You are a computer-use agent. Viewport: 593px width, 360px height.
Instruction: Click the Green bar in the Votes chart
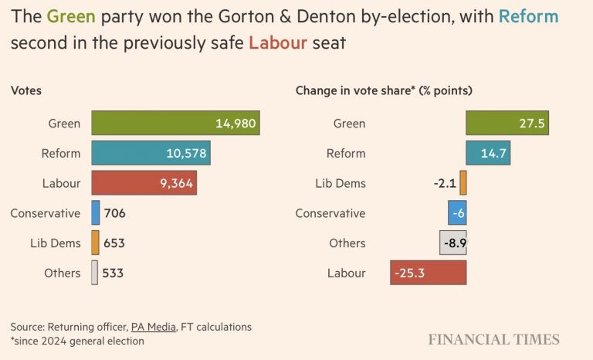[x=175, y=124]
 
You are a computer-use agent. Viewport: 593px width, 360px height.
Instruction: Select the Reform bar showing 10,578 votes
[x=151, y=153]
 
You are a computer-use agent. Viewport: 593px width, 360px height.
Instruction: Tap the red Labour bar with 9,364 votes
[x=144, y=183]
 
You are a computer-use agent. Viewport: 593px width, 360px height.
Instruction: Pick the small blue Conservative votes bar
[x=96, y=212]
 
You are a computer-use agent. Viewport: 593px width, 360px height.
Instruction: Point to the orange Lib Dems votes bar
[x=96, y=243]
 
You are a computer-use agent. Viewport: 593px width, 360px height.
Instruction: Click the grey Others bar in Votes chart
[x=94, y=273]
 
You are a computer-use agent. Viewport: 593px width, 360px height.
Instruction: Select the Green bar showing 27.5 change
[x=507, y=124]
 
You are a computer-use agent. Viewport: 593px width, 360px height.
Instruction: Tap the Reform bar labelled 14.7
[x=488, y=153]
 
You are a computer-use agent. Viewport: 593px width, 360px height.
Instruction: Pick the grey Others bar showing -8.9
[x=453, y=243]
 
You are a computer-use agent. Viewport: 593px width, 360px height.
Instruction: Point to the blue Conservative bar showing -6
[x=457, y=212]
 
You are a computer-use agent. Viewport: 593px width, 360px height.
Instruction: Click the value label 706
[x=114, y=213]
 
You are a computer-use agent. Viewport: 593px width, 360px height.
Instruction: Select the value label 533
[x=113, y=273]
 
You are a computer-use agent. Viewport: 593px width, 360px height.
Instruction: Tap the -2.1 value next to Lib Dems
[x=445, y=183]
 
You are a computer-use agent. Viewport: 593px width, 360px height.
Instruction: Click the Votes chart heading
[x=26, y=90]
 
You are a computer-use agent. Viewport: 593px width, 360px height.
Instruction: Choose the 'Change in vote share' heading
[x=384, y=90]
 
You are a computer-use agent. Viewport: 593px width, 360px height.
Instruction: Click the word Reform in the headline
[x=529, y=16]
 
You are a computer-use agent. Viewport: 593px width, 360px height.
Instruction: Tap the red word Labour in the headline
[x=275, y=42]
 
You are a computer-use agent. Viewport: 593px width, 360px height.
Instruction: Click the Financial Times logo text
[x=494, y=339]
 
